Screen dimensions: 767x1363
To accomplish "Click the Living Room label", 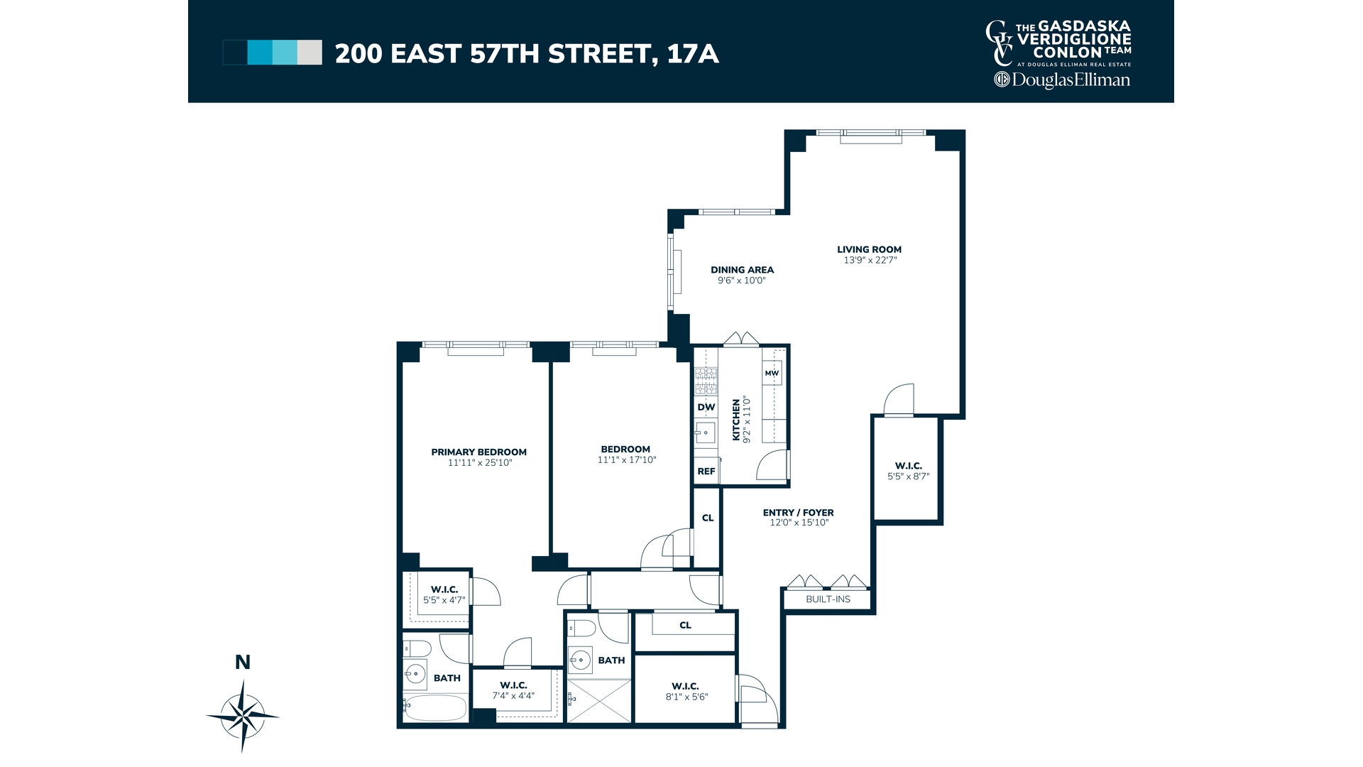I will (x=869, y=249).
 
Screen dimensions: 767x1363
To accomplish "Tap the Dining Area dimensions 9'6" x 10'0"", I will (x=742, y=281).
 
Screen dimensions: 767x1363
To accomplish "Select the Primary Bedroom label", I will (x=478, y=452).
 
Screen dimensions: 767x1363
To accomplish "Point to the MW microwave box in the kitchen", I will (x=772, y=373).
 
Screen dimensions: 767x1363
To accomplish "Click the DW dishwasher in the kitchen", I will (x=706, y=407).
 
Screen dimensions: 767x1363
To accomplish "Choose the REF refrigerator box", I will (x=706, y=472).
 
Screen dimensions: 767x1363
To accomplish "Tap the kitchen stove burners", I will (x=706, y=381).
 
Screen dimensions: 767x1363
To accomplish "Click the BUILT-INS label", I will (x=828, y=599).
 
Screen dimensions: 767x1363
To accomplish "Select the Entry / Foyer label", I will (x=798, y=512).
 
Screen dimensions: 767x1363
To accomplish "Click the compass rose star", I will (x=243, y=715).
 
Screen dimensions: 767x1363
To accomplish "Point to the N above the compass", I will (x=243, y=663).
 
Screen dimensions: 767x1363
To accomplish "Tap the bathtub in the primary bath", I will (x=434, y=707).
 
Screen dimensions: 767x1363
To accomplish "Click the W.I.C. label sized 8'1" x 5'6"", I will (x=685, y=686).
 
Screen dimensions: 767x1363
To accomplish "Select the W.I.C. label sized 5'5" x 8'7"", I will (x=908, y=466).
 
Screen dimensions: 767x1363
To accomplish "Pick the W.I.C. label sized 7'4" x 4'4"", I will (x=513, y=685).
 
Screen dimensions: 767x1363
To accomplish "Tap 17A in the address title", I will (x=693, y=54).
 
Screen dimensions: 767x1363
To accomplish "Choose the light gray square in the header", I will (x=310, y=53).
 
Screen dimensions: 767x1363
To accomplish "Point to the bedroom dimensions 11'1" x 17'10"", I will (x=626, y=460).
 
